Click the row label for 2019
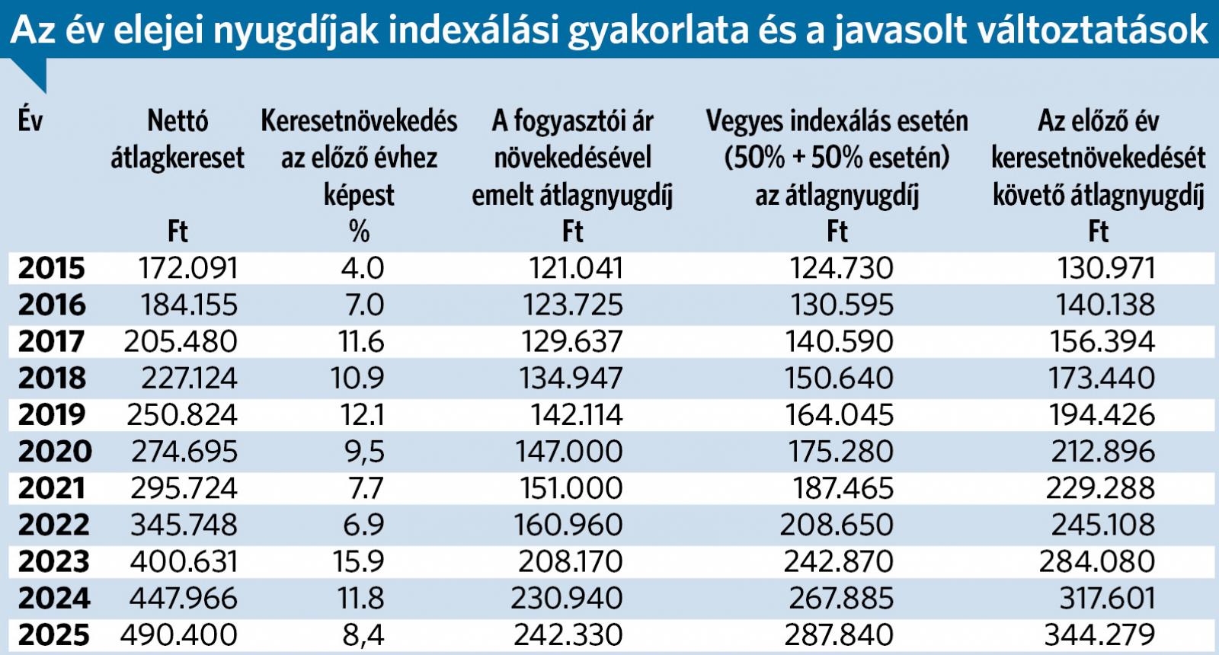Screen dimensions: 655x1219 51,415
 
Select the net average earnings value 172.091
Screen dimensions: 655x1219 188,268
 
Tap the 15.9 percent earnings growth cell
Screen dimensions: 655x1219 358,562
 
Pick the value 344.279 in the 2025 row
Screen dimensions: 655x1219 1099,635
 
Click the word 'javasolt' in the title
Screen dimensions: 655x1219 885,30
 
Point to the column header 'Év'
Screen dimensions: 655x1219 30,120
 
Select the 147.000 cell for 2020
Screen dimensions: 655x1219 569,452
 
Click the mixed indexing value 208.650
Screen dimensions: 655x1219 837,526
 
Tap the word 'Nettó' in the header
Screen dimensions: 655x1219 178,120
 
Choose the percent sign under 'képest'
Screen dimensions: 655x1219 359,232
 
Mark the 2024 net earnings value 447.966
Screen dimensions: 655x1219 183,599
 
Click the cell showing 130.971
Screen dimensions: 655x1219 1106,268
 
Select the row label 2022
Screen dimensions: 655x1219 54,526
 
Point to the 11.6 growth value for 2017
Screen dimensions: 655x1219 361,342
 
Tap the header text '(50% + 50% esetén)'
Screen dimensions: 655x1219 837,158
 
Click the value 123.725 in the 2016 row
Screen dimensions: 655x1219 572,305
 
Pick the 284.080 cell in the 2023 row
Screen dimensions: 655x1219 1097,562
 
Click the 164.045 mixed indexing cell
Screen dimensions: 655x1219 839,415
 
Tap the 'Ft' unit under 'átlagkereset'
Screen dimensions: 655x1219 178,232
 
